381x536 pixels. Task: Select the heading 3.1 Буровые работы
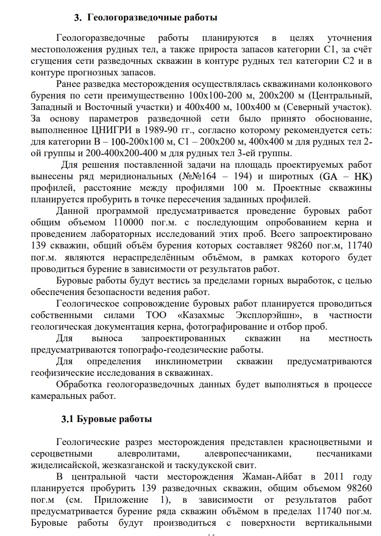107,419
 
